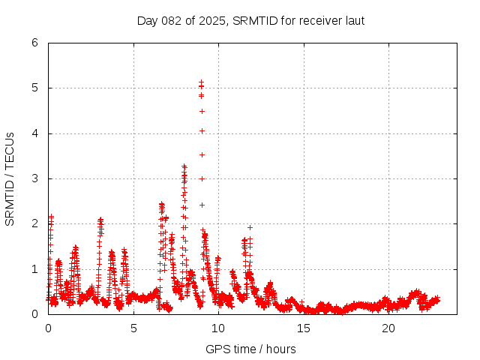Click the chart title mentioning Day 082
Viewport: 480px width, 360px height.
point(250,20)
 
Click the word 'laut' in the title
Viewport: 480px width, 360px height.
point(353,20)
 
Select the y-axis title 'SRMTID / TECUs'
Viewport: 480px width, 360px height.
point(10,178)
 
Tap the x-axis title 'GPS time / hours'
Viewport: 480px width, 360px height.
point(250,349)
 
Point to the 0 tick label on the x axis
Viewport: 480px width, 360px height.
point(49,328)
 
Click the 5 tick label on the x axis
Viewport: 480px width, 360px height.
point(133,328)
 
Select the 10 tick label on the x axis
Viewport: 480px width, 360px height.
point(218,328)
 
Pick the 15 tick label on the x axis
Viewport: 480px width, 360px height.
point(304,328)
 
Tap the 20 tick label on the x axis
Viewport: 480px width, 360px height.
point(388,328)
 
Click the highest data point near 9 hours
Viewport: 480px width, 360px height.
point(202,82)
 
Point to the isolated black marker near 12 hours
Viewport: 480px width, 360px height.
point(250,227)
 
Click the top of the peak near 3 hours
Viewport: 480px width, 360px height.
point(100,220)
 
